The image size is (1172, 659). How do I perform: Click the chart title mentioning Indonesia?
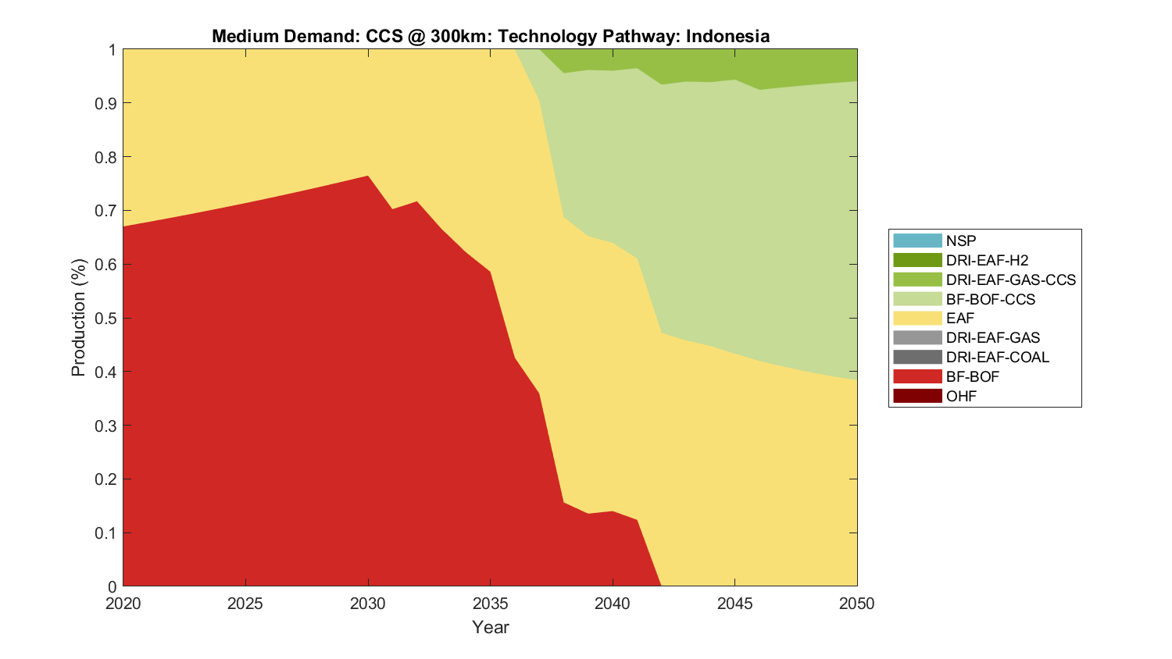490,36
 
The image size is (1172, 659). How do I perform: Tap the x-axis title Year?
490,627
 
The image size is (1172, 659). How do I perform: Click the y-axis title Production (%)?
78,318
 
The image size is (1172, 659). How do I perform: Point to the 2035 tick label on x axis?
490,604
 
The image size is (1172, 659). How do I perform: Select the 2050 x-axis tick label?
856,604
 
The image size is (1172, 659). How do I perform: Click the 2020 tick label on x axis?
123,604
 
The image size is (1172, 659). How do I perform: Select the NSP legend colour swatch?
917,240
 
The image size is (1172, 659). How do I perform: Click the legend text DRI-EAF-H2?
987,260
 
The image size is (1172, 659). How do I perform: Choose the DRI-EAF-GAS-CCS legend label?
1010,280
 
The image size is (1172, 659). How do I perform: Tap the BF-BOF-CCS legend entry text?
990,299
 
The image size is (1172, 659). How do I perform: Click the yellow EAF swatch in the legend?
917,318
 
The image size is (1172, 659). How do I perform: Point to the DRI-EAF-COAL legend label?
997,357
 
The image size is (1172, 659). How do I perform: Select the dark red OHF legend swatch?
917,396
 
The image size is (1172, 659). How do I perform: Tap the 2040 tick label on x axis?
613,604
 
